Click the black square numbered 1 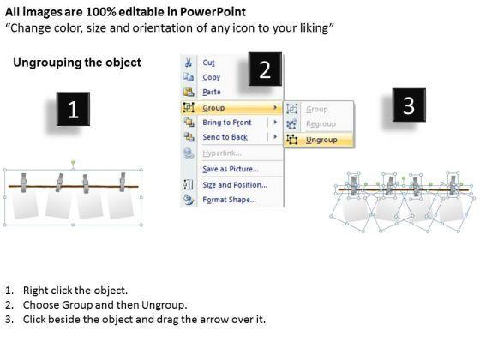pyautogui.click(x=73, y=109)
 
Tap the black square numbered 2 pyautogui.click(x=265, y=69)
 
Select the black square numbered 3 pyautogui.click(x=409, y=105)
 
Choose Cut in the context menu pyautogui.click(x=208, y=63)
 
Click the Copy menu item pyautogui.click(x=211, y=77)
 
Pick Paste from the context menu pyautogui.click(x=212, y=92)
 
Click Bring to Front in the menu pyautogui.click(x=227, y=123)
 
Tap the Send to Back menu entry pyautogui.click(x=225, y=137)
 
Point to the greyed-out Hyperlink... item pyautogui.click(x=222, y=153)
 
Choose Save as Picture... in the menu pyautogui.click(x=231, y=169)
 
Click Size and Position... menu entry pyautogui.click(x=235, y=185)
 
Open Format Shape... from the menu pyautogui.click(x=230, y=200)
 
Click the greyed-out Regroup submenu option pyautogui.click(x=321, y=124)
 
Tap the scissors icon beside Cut pyautogui.click(x=189, y=63)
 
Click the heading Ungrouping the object pyautogui.click(x=77, y=63)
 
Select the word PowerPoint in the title pyautogui.click(x=213, y=12)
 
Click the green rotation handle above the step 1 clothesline pyautogui.click(x=73, y=162)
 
